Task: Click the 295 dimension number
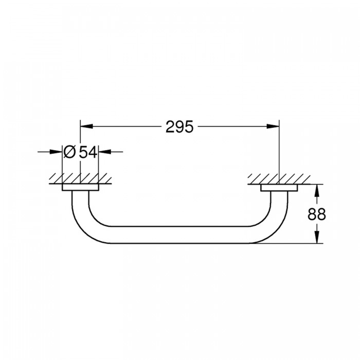point(179,127)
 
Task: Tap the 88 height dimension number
point(317,214)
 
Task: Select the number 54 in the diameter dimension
point(88,152)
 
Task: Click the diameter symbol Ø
point(69,152)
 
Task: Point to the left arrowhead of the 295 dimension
point(86,127)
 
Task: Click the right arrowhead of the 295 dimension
point(273,127)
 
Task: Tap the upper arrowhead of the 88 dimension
point(317,191)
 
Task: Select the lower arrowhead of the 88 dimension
point(317,237)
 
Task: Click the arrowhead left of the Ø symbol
point(56,152)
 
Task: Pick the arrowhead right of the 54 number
point(105,152)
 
